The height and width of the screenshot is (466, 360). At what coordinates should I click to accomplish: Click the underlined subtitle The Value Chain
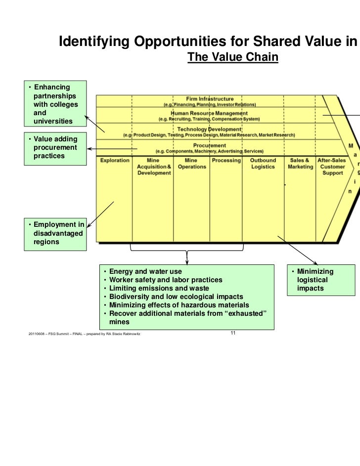click(x=233, y=58)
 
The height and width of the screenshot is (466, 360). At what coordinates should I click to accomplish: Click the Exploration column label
click(x=115, y=161)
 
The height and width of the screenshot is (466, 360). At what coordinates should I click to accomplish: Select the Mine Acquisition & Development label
click(x=154, y=167)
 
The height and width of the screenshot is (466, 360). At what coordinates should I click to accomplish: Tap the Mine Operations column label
click(x=191, y=164)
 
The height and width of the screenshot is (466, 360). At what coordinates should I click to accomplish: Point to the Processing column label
click(x=226, y=161)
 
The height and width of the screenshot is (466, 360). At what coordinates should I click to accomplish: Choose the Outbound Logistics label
click(x=262, y=164)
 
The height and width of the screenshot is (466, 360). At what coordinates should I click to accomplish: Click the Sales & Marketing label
click(x=300, y=164)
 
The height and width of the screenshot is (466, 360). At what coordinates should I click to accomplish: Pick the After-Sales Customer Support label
click(x=332, y=167)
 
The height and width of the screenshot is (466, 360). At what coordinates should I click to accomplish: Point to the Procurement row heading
click(x=210, y=145)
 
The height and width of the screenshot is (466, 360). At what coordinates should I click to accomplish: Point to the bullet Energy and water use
click(x=145, y=272)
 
